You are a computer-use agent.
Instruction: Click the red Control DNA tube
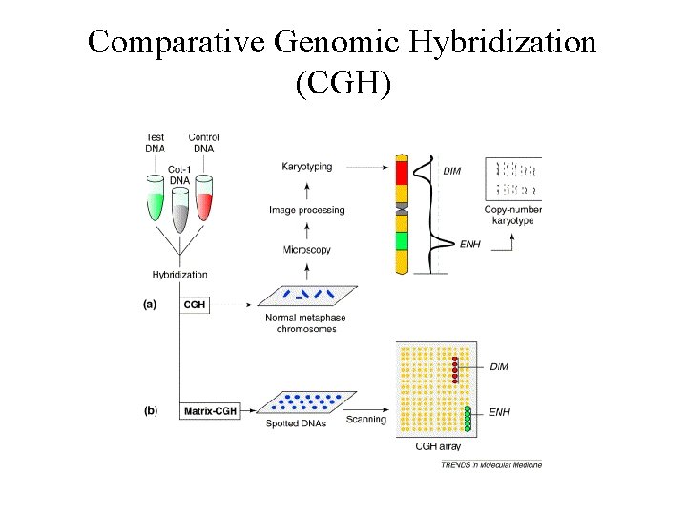click(202, 202)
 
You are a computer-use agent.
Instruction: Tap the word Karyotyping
click(307, 167)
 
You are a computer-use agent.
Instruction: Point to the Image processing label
click(307, 210)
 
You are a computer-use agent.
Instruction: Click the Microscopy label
click(307, 250)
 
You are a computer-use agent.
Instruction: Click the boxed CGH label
click(195, 304)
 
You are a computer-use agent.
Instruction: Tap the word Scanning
click(365, 420)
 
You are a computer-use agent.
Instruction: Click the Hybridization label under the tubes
click(179, 275)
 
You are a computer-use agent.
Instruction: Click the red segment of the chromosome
click(403, 173)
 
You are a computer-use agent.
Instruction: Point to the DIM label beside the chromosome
click(453, 171)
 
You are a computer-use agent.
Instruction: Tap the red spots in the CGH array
click(455, 369)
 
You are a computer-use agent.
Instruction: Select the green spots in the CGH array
click(468, 418)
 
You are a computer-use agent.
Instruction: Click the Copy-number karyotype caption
click(512, 215)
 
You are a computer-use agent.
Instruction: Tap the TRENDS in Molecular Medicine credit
click(490, 464)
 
